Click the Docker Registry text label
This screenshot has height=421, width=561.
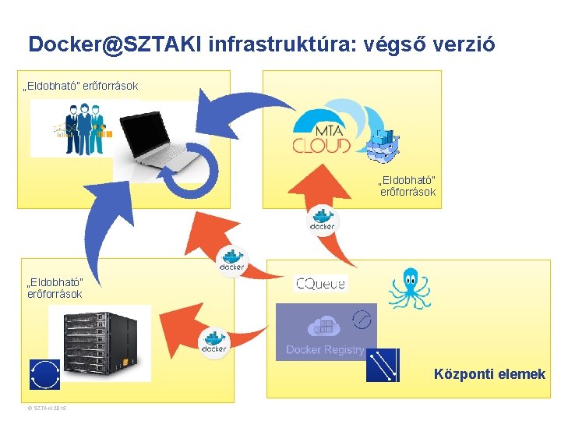[324, 350]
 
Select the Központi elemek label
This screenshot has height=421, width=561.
[489, 374]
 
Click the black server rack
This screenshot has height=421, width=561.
[97, 341]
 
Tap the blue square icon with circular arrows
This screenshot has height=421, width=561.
[44, 374]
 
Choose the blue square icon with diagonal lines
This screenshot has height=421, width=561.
[383, 364]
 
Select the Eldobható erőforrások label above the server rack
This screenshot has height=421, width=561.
[55, 288]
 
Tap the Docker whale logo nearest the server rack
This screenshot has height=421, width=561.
[213, 343]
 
